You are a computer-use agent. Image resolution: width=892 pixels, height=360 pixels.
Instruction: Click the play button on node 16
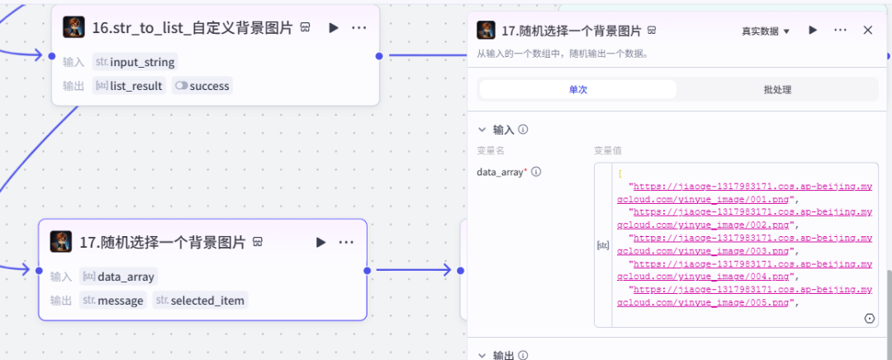tap(334, 28)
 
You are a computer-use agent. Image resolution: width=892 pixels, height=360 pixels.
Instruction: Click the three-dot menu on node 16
tap(358, 28)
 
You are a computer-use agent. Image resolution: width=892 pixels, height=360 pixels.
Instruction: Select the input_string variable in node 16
tap(135, 62)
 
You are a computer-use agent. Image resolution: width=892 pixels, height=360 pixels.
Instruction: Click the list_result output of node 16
tap(129, 86)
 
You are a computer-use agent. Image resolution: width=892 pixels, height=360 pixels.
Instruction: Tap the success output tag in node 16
tap(202, 86)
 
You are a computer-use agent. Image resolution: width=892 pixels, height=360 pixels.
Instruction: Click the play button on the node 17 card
tap(320, 242)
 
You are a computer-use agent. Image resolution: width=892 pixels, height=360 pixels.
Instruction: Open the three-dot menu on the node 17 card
tap(346, 242)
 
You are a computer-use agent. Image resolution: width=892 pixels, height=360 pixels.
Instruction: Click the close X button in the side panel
tap(867, 31)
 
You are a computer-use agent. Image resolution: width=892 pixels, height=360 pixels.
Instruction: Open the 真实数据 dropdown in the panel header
tap(765, 31)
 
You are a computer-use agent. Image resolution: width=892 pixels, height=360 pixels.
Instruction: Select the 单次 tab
tap(577, 89)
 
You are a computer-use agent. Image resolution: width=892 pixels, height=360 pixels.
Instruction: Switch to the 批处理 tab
tap(777, 89)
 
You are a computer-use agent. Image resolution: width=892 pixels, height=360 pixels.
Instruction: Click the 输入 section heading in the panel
tap(503, 130)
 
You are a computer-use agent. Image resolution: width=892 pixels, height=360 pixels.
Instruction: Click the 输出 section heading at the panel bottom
tap(503, 355)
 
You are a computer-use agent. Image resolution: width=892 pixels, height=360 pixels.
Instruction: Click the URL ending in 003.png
tap(744, 244)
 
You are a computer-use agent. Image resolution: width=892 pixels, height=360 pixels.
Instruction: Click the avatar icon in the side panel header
tap(487, 31)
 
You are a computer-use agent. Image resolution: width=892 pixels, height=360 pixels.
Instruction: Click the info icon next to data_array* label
tap(536, 172)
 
